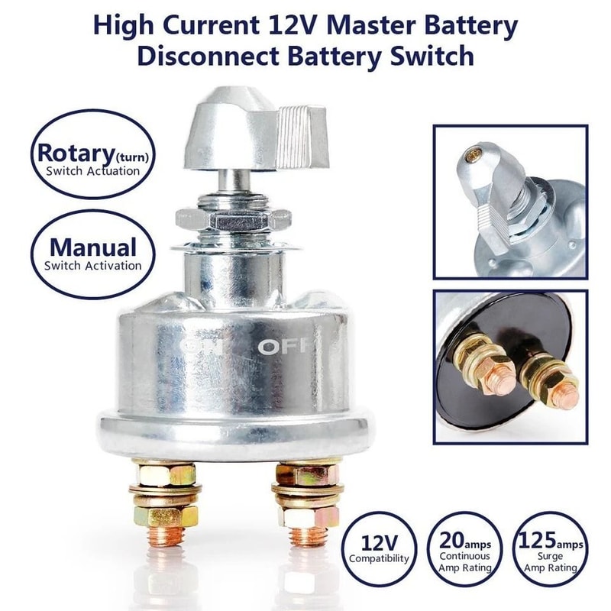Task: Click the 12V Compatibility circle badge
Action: (x=380, y=548)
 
